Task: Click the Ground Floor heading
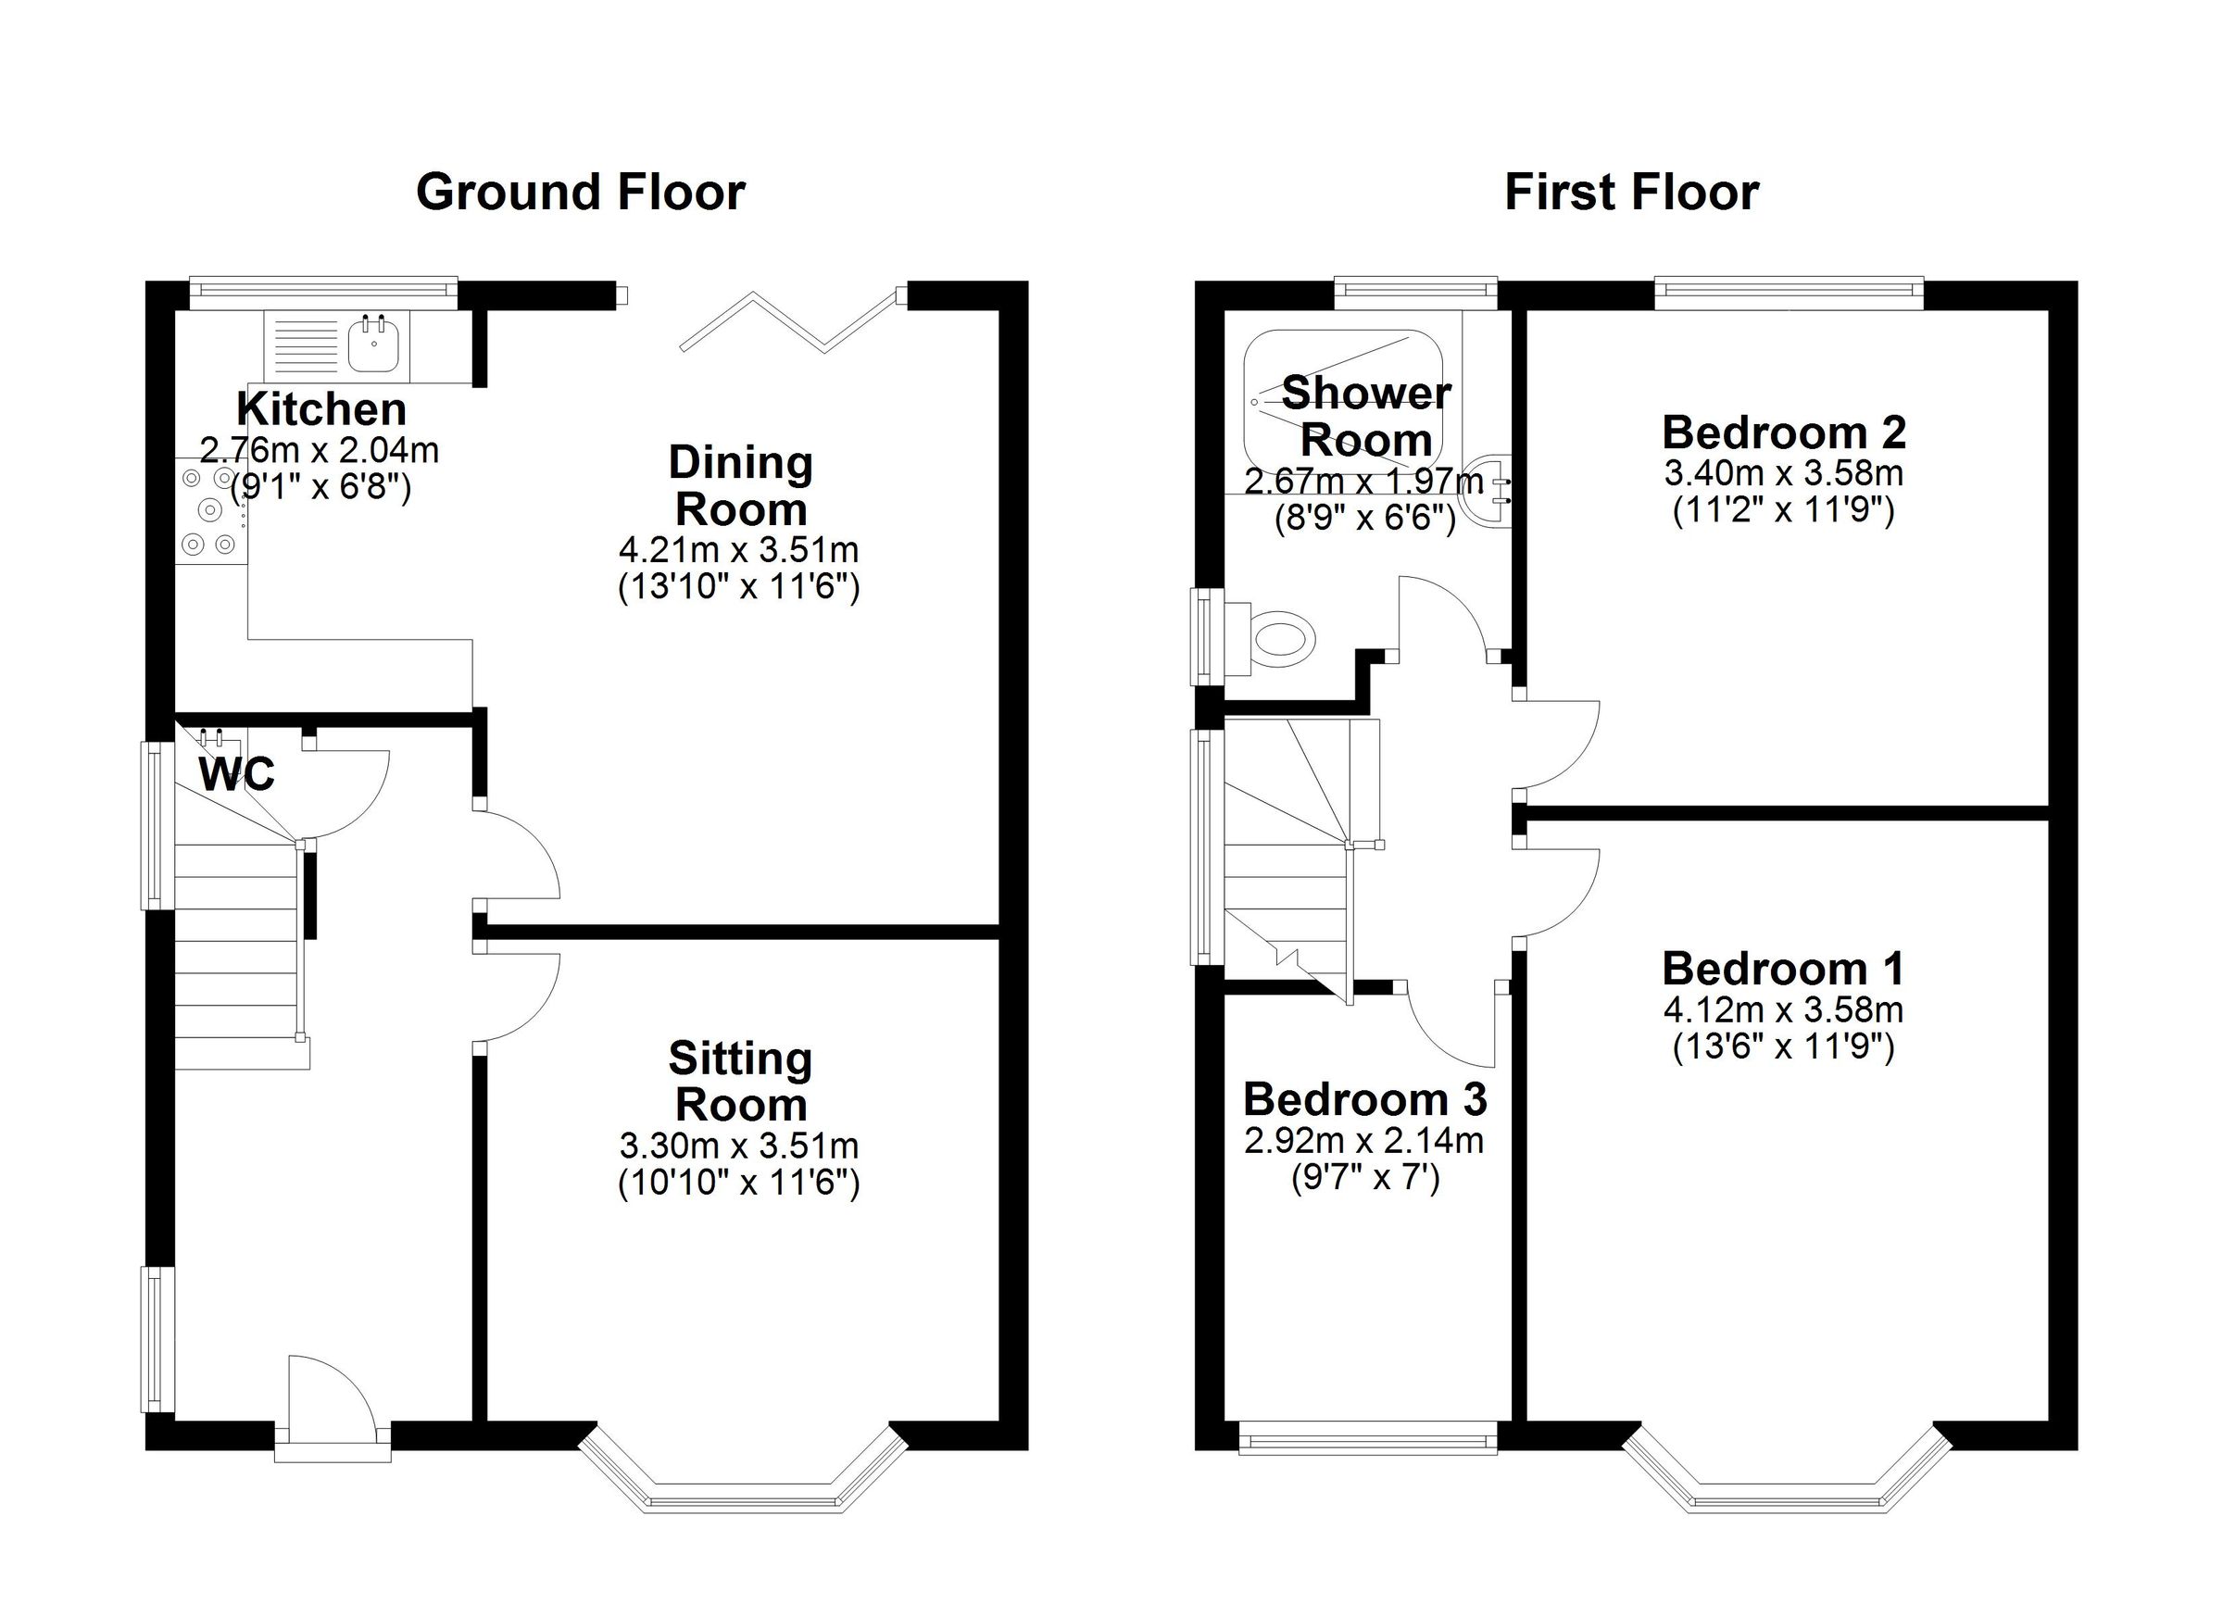pyautogui.click(x=580, y=192)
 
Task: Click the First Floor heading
pyautogui.click(x=1631, y=192)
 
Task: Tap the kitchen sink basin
pyautogui.click(x=373, y=346)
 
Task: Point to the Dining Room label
pyautogui.click(x=740, y=486)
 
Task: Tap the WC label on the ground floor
pyautogui.click(x=236, y=775)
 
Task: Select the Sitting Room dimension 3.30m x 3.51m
pyautogui.click(x=739, y=1145)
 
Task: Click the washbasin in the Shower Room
pyautogui.click(x=1488, y=490)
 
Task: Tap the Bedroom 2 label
pyautogui.click(x=1784, y=432)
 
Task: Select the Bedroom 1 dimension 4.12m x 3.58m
pyautogui.click(x=1783, y=1008)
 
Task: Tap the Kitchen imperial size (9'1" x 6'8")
pyautogui.click(x=320, y=487)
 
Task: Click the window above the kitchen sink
pyautogui.click(x=323, y=287)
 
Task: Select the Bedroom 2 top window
pyautogui.click(x=1789, y=287)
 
